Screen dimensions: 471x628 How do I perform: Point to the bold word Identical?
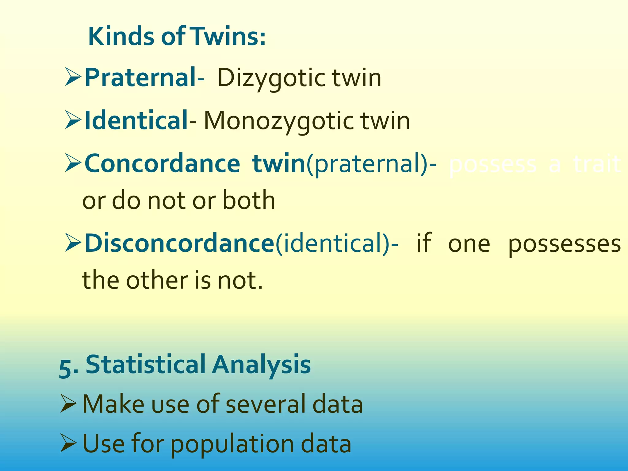point(136,120)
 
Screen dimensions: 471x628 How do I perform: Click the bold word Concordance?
point(162,163)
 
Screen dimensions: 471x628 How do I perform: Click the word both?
point(248,201)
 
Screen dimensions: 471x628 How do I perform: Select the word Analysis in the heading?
point(261,365)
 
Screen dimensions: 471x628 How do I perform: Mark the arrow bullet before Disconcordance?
point(73,243)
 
